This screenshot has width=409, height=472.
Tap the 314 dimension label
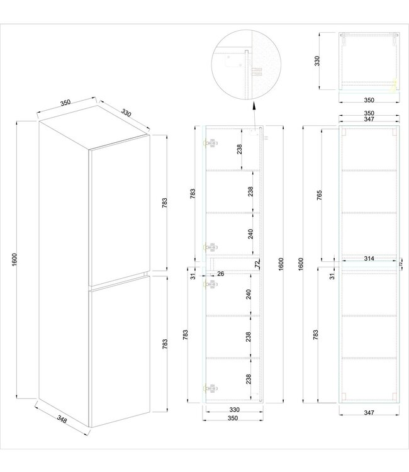(x=369, y=259)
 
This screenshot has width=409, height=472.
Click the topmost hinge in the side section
(x=211, y=143)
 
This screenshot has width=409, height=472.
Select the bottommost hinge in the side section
(x=211, y=387)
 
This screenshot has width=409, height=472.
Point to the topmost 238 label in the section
(x=240, y=149)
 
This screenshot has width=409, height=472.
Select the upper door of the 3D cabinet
(x=120, y=208)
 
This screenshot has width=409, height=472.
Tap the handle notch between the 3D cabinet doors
(x=146, y=274)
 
